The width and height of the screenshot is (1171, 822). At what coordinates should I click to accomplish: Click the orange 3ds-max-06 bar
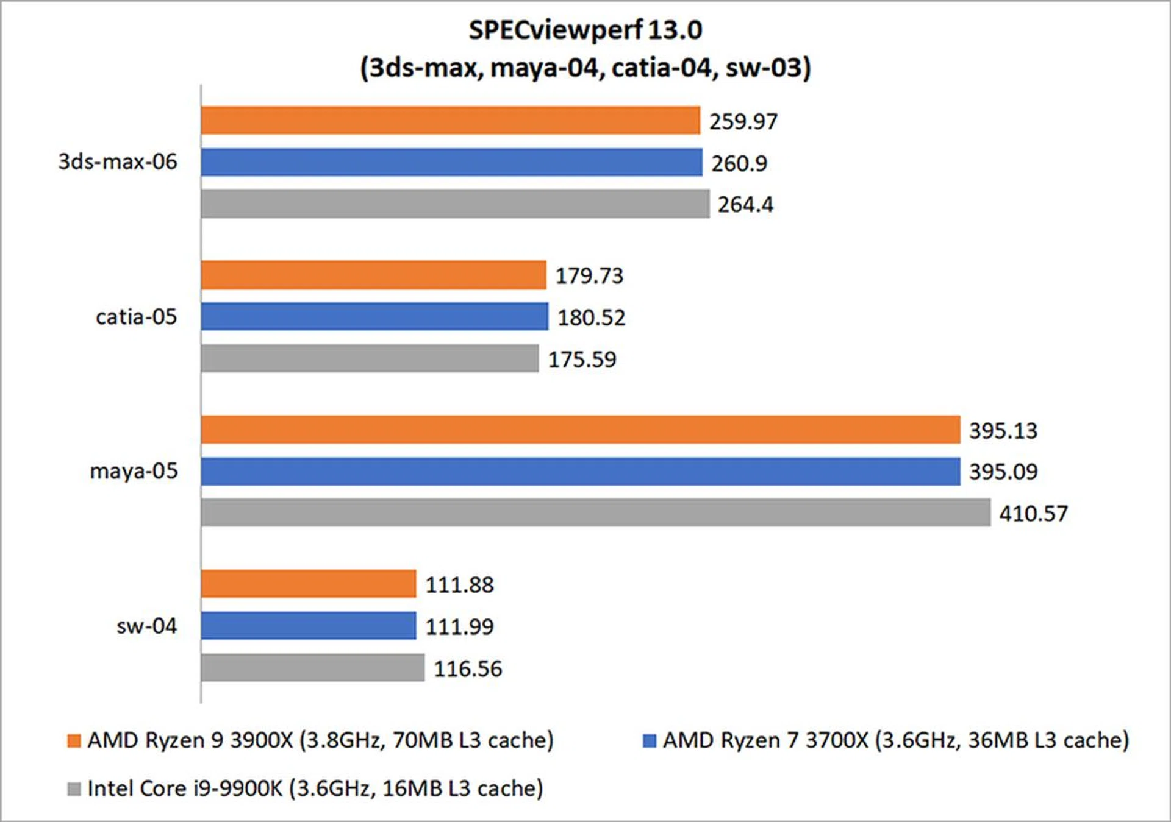(450, 121)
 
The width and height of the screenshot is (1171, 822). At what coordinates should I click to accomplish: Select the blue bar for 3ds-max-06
(451, 162)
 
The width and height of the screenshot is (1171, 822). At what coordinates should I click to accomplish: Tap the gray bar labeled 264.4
(455, 204)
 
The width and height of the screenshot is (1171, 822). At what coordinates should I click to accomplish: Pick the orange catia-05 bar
(373, 275)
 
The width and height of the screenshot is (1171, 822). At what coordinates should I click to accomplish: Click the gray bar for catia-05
(370, 358)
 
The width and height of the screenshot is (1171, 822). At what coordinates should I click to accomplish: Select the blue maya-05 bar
(581, 472)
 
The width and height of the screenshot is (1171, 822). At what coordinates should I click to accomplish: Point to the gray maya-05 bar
(595, 512)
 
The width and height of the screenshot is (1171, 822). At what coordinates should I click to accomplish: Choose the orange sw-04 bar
(309, 584)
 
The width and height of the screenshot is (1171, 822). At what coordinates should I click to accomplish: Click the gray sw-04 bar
(312, 668)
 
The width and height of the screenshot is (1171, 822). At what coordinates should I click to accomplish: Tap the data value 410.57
(1033, 514)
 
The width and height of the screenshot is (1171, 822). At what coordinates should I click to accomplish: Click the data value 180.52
(591, 317)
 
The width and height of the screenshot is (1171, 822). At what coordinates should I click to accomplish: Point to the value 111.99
(459, 626)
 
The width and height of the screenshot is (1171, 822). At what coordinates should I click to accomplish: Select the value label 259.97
(743, 121)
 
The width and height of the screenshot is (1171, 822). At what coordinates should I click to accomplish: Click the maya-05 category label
(134, 471)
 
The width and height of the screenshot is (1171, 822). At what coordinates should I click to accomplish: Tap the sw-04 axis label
(146, 626)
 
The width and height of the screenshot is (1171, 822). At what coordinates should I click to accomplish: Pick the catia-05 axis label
(136, 317)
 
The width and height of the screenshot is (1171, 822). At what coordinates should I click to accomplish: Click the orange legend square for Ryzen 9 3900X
(74, 741)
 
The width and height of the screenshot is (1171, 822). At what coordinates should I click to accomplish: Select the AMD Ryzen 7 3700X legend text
(895, 740)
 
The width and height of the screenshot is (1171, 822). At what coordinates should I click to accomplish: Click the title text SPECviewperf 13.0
(585, 29)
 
